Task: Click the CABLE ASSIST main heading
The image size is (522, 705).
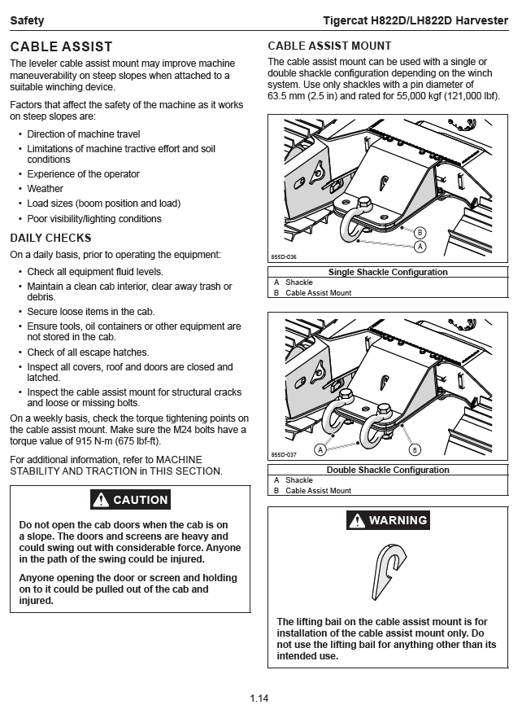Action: (x=61, y=47)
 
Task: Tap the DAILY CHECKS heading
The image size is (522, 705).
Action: (x=50, y=238)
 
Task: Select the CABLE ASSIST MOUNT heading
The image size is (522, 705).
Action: (x=329, y=46)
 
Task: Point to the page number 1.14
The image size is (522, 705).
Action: (x=259, y=698)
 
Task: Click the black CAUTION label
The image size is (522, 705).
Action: (x=130, y=500)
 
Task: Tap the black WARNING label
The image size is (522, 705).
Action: (x=388, y=520)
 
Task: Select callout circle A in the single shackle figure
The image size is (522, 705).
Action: (x=420, y=245)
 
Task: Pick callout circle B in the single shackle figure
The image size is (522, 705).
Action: (x=420, y=232)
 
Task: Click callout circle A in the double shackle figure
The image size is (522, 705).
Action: (x=320, y=449)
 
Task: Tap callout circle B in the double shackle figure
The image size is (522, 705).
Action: (x=414, y=449)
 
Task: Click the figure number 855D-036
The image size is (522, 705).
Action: (x=284, y=256)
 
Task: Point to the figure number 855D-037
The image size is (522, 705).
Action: (x=284, y=455)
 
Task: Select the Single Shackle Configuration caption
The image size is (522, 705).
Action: (x=388, y=273)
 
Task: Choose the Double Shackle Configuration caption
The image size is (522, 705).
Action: (x=388, y=470)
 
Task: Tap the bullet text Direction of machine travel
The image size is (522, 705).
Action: (x=83, y=134)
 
